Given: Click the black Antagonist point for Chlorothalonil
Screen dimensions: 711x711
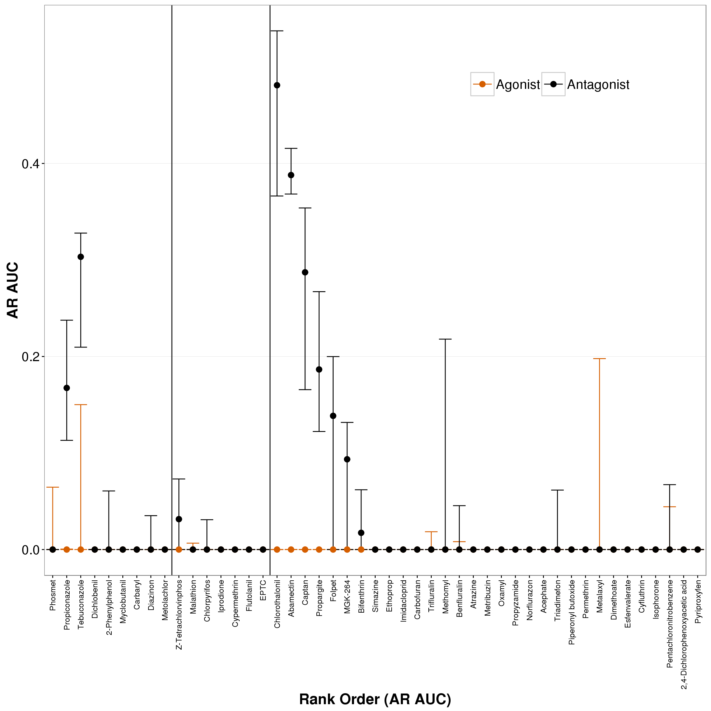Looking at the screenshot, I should [277, 85].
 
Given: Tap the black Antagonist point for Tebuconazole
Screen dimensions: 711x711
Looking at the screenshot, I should [81, 257].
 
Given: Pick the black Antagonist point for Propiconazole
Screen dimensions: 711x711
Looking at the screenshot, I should [67, 388].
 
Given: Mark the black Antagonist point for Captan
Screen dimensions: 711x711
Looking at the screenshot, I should [305, 272].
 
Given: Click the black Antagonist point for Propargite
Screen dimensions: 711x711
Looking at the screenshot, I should [319, 369].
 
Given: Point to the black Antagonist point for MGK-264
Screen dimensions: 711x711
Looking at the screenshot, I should [347, 459].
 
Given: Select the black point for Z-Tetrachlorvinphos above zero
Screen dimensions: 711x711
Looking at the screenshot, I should [179, 519].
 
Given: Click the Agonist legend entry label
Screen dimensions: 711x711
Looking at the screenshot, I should [518, 85].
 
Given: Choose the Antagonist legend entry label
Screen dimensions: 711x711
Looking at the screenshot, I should [598, 85].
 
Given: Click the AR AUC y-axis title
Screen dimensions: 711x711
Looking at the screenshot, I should [13, 290].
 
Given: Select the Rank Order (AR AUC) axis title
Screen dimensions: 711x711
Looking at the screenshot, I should [375, 699].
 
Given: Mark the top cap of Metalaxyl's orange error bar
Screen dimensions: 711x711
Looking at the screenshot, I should [600, 358].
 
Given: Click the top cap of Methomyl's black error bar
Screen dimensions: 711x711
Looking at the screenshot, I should [445, 339].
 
